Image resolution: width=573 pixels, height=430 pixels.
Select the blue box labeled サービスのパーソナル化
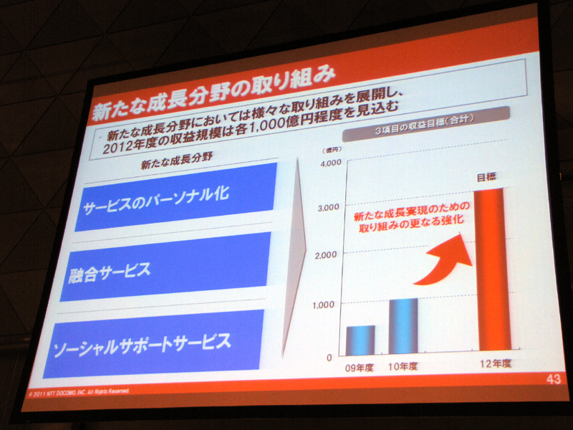[175, 196]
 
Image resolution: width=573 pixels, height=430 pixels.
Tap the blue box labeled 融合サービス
[165, 266]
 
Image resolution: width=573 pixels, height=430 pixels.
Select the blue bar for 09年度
[360, 340]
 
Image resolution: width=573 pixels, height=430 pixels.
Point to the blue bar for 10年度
[403, 326]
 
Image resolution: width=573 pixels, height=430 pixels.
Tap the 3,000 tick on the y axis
[327, 207]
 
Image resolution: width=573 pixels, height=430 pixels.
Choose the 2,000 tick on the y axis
[325, 254]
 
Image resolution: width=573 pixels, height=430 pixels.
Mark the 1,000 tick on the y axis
[324, 304]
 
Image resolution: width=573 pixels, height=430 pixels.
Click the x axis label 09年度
[360, 367]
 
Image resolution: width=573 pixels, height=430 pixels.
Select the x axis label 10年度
[403, 365]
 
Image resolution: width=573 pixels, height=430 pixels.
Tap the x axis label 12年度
[496, 363]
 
